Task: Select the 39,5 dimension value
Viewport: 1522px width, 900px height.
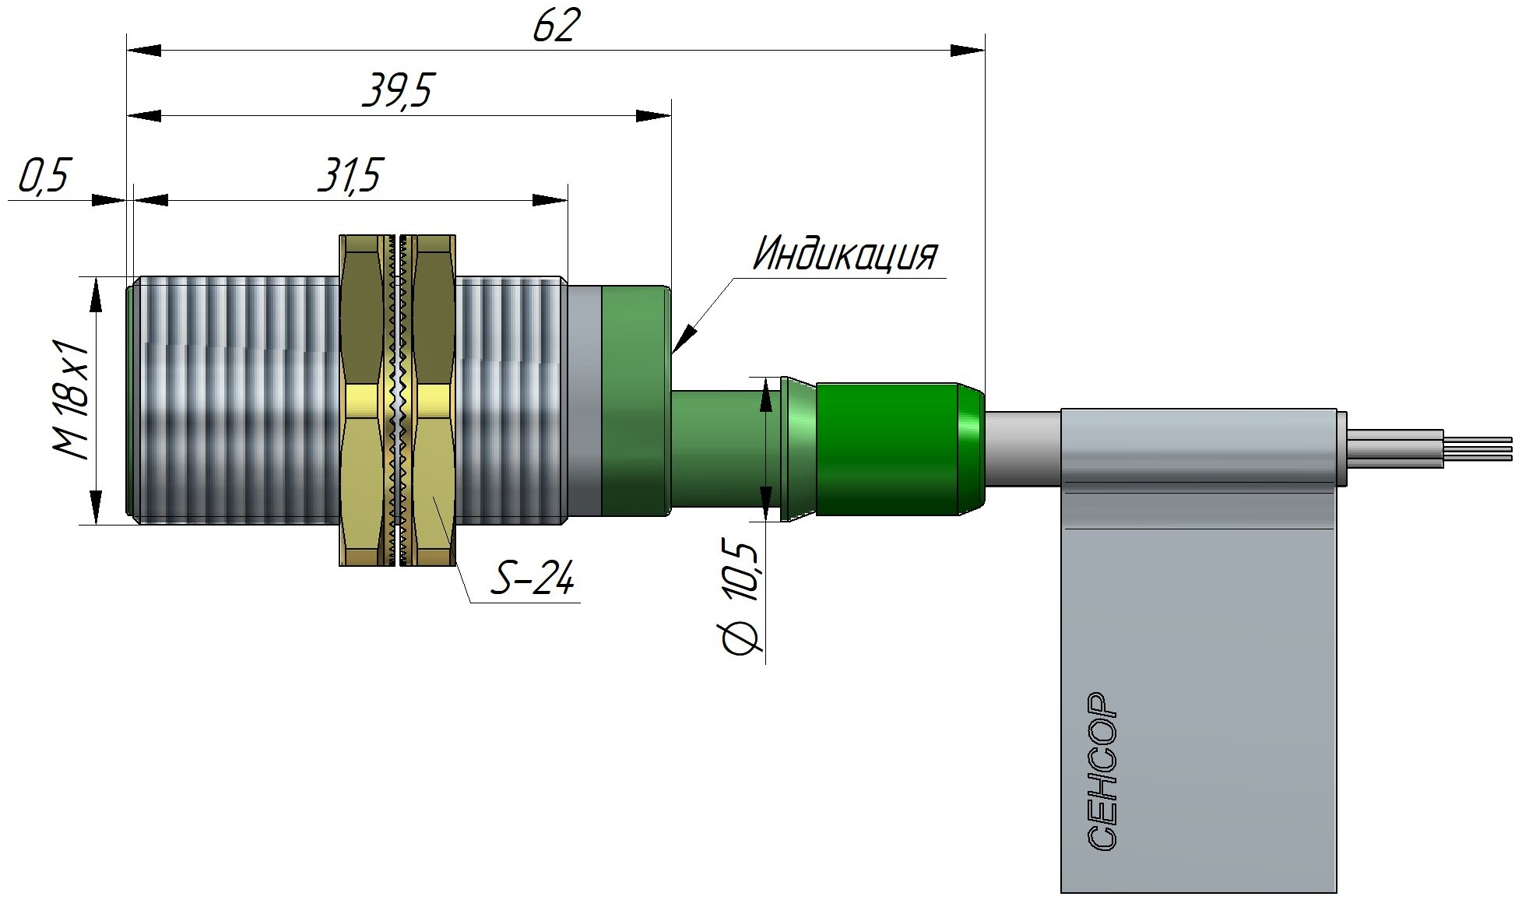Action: click(x=396, y=92)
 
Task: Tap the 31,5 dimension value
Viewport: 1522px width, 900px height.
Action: click(x=350, y=175)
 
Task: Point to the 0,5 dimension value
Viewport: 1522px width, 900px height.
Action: click(x=44, y=175)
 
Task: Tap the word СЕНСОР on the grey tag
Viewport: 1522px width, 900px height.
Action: click(x=1101, y=771)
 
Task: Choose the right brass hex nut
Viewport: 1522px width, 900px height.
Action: click(x=434, y=400)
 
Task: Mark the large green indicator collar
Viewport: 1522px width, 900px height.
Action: click(x=635, y=400)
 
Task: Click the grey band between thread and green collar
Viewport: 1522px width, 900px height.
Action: click(x=584, y=400)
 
